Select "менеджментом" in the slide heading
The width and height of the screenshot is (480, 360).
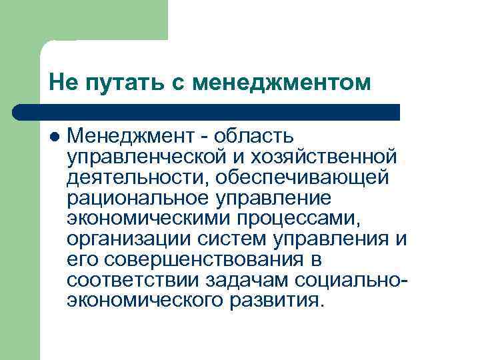[x=280, y=83]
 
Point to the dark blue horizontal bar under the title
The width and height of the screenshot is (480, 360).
[x=207, y=111]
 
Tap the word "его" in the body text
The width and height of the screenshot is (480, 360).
[x=80, y=259]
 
